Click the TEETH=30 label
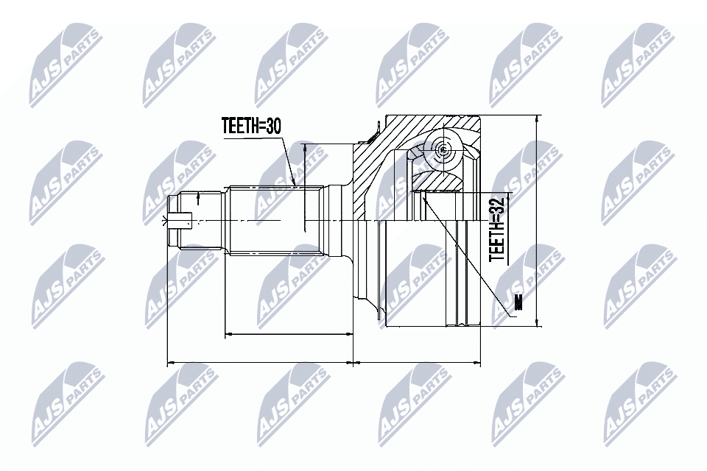pyautogui.click(x=252, y=126)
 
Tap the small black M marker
pyautogui.click(x=518, y=302)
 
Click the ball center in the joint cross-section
pyautogui.click(x=441, y=150)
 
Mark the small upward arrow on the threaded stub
pyautogui.click(x=199, y=196)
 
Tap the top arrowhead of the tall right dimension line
pyautogui.click(x=536, y=121)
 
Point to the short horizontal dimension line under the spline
pyautogui.click(x=287, y=334)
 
